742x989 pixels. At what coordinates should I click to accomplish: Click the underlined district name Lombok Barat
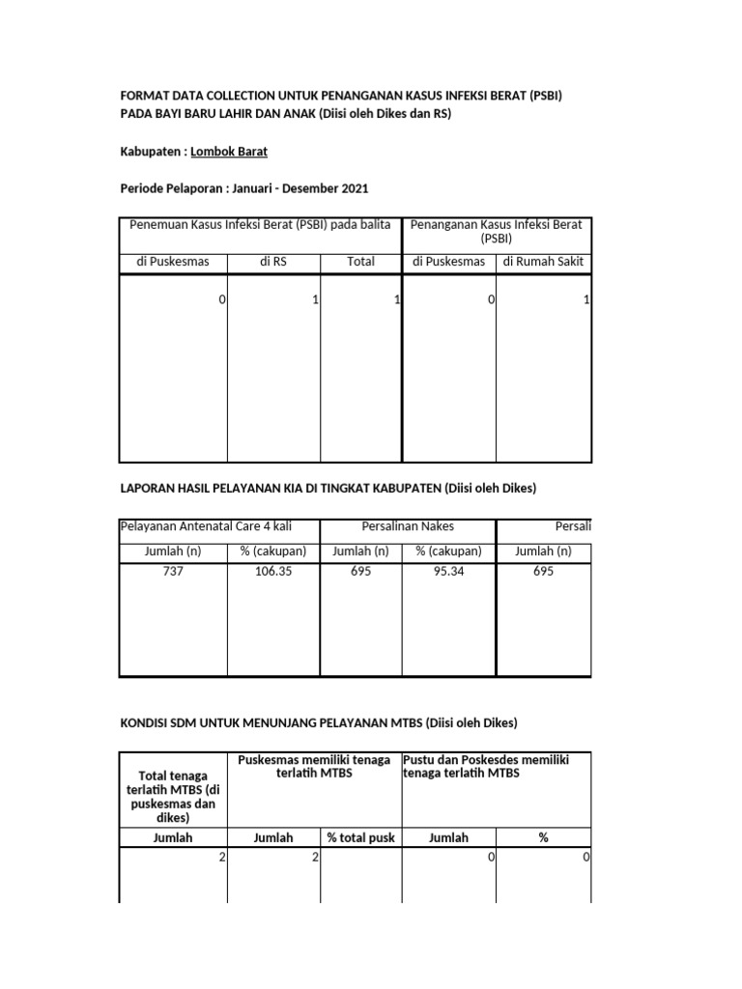229,152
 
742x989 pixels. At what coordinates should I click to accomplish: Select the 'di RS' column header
273,261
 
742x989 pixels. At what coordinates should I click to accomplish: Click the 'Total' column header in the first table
360,261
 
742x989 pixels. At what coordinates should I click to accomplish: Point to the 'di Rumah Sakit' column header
543,261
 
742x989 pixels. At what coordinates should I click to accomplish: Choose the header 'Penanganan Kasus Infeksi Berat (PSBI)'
497,232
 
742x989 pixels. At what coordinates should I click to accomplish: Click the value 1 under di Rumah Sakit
586,300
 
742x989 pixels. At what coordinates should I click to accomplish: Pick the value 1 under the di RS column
315,300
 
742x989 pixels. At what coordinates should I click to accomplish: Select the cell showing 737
172,572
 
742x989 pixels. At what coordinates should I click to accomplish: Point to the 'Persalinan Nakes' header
408,526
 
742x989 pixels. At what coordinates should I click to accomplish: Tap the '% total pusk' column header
360,837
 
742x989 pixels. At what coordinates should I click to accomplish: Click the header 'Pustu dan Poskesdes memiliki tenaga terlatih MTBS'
486,766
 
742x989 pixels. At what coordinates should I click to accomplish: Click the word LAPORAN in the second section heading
145,488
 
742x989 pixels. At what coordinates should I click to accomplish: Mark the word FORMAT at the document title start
143,97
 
